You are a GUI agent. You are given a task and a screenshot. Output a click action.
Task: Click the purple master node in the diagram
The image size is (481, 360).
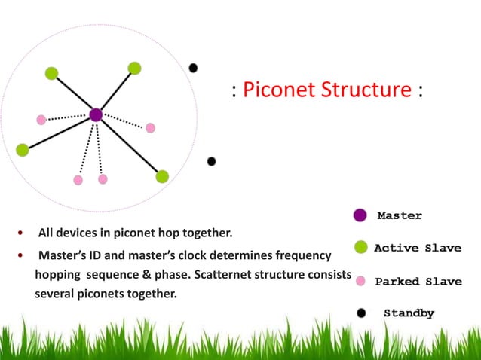(x=96, y=115)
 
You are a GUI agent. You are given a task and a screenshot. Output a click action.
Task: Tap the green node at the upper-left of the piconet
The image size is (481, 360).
(x=51, y=73)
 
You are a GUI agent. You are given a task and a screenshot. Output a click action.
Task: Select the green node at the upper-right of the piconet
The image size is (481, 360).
(x=134, y=68)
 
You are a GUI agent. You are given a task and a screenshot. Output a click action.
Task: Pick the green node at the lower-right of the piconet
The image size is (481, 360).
(x=162, y=176)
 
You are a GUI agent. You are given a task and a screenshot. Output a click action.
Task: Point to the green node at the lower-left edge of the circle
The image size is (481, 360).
(x=22, y=149)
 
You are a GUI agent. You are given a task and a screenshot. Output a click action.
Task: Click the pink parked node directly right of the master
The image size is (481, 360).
(x=150, y=127)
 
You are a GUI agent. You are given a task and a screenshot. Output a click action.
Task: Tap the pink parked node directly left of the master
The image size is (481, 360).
(x=41, y=119)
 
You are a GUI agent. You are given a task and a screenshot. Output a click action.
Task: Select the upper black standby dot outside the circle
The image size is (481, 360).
(x=193, y=68)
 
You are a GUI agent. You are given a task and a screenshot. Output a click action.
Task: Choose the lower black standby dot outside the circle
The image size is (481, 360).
(x=211, y=161)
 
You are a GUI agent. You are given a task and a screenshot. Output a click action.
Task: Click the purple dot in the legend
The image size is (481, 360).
(x=360, y=215)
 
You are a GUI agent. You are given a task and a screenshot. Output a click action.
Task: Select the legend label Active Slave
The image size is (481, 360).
(x=418, y=248)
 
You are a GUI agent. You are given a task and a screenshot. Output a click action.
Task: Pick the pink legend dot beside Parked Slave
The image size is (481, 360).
(x=360, y=281)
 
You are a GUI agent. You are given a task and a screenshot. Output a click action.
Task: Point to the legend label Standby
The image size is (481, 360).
(x=409, y=313)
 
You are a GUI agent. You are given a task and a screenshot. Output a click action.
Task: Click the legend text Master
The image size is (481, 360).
(x=400, y=215)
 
